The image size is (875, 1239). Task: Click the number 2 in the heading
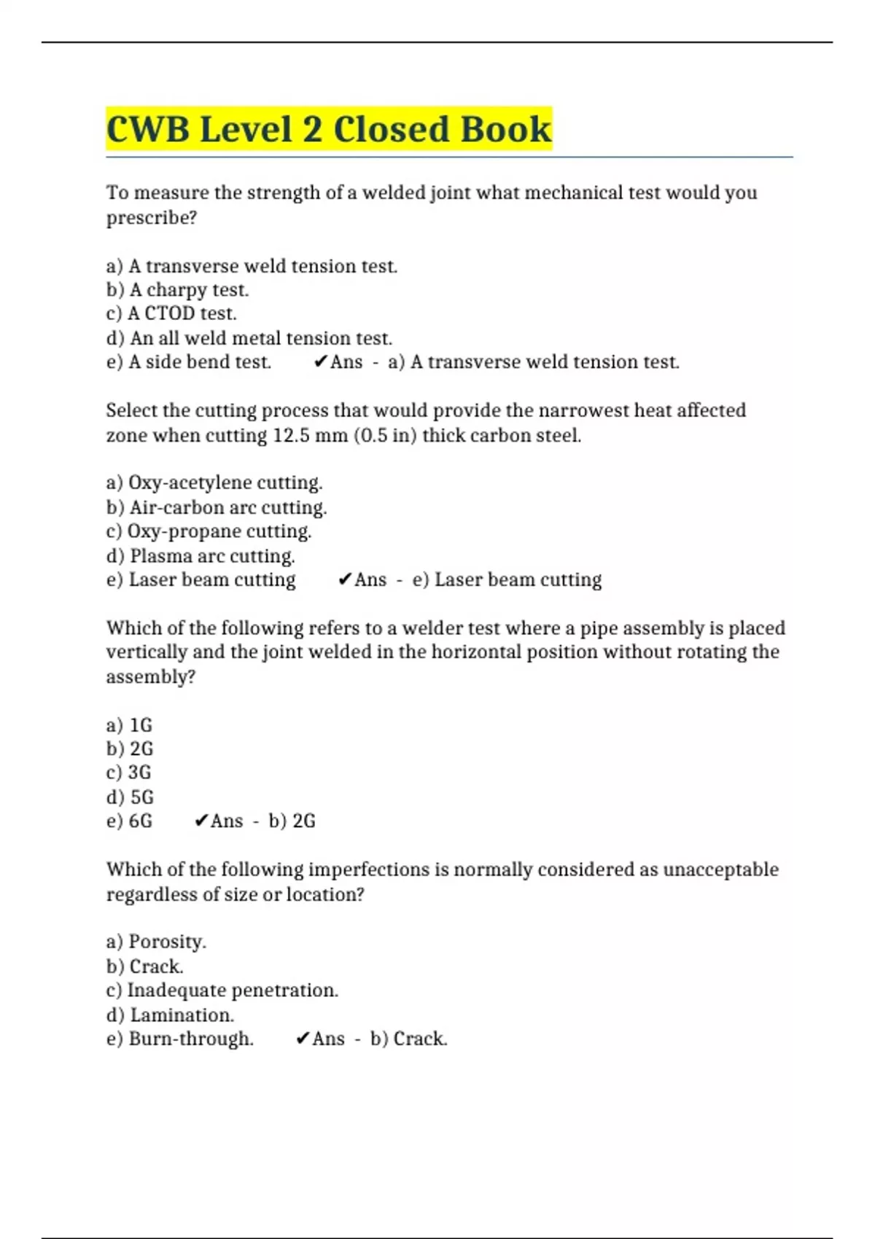[x=312, y=130]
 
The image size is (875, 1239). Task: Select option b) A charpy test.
[x=177, y=290]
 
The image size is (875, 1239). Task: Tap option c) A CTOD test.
[x=171, y=313]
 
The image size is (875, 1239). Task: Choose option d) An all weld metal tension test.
[x=249, y=338]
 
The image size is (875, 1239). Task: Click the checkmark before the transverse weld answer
[x=320, y=361]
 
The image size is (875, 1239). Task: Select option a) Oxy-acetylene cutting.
[x=214, y=482]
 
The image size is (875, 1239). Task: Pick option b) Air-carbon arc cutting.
[x=217, y=507]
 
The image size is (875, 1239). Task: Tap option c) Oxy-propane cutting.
[x=209, y=531]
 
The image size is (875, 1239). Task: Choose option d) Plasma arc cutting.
[x=201, y=556]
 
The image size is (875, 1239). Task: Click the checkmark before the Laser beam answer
[x=345, y=579]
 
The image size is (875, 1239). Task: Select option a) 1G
[x=129, y=725]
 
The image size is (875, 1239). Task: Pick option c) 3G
[x=129, y=773]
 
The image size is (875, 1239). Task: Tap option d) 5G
[x=130, y=797]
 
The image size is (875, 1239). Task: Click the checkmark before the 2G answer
[x=201, y=821]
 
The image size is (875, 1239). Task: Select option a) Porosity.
[x=156, y=942]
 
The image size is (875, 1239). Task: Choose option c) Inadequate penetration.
[x=222, y=990]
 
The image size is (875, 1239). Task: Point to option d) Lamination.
[x=170, y=1015]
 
